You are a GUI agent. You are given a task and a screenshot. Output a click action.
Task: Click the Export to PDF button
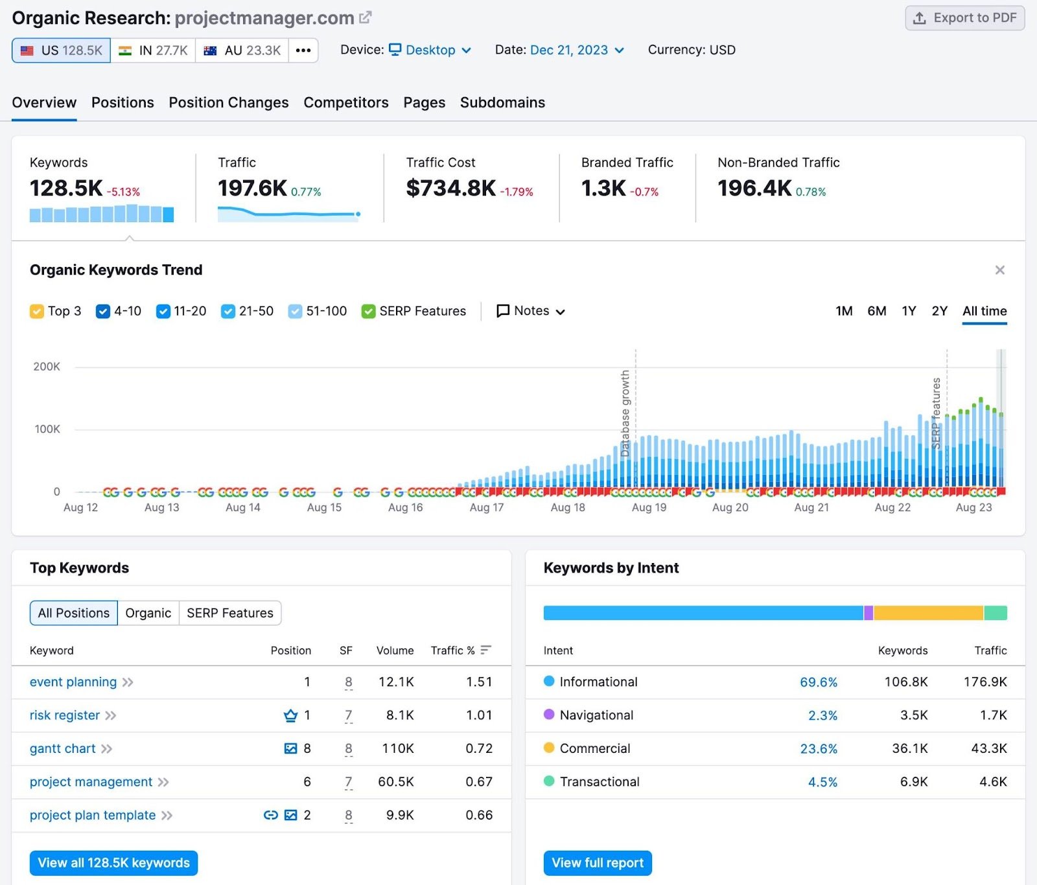coord(964,18)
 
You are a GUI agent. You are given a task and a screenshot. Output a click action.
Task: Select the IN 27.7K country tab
coord(153,51)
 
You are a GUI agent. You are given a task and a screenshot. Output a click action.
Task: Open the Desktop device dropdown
coord(430,50)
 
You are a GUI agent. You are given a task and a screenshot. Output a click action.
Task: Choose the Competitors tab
coord(345,102)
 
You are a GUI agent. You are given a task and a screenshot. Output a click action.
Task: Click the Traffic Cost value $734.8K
coord(450,189)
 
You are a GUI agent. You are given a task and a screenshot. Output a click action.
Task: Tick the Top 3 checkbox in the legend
coord(37,312)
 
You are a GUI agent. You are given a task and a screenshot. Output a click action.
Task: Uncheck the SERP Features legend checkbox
coord(368,312)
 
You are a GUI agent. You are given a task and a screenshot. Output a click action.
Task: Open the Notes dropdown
coord(531,311)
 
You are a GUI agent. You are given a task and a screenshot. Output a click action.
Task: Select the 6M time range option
coord(876,311)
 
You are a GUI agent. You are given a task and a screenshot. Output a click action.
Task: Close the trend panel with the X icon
coord(999,270)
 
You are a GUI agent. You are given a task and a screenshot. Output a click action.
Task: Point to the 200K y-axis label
coord(47,367)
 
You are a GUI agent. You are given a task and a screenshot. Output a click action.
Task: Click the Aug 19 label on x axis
coord(649,508)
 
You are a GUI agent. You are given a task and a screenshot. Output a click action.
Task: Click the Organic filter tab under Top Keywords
coord(148,613)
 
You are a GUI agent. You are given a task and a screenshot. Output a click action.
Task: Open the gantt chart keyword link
coord(63,749)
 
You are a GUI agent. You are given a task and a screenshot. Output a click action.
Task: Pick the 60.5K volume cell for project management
coord(395,782)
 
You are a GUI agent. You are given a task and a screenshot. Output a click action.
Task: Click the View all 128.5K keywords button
coord(113,863)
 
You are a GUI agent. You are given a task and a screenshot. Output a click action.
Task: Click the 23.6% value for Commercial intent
coord(818,749)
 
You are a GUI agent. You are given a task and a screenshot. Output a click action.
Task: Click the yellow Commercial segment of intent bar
coord(927,613)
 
